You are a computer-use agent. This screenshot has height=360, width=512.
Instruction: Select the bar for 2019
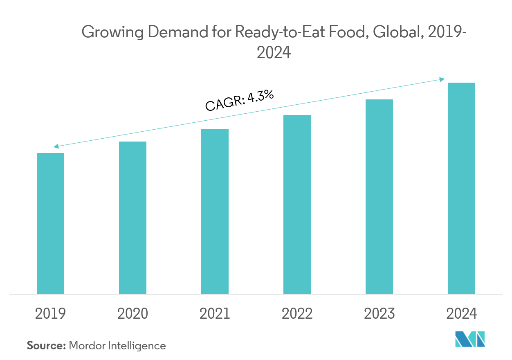[x=50, y=223]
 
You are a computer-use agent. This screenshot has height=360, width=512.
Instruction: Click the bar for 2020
[x=132, y=218]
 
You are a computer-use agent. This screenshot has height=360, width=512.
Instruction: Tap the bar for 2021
[x=215, y=211]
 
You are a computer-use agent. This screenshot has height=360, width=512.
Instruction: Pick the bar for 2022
[x=297, y=204]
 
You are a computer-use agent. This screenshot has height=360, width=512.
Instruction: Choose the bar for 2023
[x=379, y=196]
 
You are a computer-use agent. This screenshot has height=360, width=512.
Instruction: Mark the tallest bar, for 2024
[x=461, y=188]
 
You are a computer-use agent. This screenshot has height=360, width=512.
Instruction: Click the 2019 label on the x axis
[x=50, y=314]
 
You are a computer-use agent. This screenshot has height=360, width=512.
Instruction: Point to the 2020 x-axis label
[x=132, y=314]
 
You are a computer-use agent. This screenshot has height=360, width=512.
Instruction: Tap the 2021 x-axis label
[x=215, y=314]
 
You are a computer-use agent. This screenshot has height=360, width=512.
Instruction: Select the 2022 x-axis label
[x=297, y=314]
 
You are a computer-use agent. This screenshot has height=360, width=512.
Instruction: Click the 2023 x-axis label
[x=379, y=314]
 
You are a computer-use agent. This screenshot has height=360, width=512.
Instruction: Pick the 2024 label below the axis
[x=461, y=314]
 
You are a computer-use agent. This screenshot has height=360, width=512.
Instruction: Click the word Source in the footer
[x=46, y=346]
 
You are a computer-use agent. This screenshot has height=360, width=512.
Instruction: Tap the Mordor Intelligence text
[x=117, y=346]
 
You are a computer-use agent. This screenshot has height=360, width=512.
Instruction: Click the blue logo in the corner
[x=470, y=339]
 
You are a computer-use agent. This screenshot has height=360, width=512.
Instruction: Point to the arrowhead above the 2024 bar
[x=442, y=79]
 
